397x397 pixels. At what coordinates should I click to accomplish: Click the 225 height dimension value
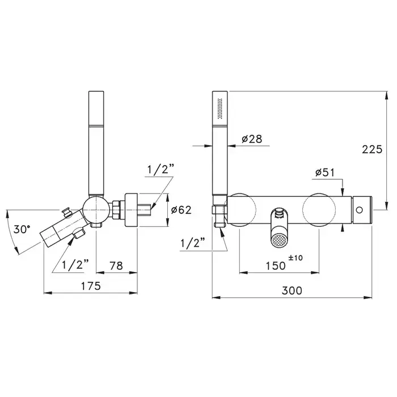[x=372, y=149]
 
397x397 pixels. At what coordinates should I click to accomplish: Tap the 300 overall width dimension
[x=292, y=290]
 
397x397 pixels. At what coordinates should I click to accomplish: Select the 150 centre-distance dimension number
[x=276, y=266]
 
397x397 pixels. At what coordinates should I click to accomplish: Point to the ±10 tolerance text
[x=295, y=258]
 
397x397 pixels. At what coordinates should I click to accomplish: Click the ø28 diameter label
[x=252, y=139]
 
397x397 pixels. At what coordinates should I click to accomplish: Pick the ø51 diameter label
[x=325, y=172]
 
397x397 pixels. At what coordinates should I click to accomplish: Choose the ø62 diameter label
[x=181, y=210]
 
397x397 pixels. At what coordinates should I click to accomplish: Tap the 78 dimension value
[x=116, y=266]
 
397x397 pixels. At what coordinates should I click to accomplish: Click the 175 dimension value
[x=91, y=286]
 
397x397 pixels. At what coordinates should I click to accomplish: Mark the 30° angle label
[x=22, y=230]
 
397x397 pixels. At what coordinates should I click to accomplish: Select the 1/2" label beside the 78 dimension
[x=75, y=265]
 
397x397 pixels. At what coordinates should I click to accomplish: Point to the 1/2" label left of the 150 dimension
[x=193, y=243]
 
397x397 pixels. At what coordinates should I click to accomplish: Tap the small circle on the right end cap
[x=359, y=210]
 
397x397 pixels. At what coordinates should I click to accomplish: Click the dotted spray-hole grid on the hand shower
[x=220, y=108]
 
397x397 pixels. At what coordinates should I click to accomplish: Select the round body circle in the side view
[x=96, y=210]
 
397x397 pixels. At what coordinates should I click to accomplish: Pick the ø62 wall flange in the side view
[x=131, y=210]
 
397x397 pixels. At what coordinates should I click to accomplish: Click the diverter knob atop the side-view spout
[x=67, y=212]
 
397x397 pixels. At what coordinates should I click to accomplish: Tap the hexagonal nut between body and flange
[x=116, y=210]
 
